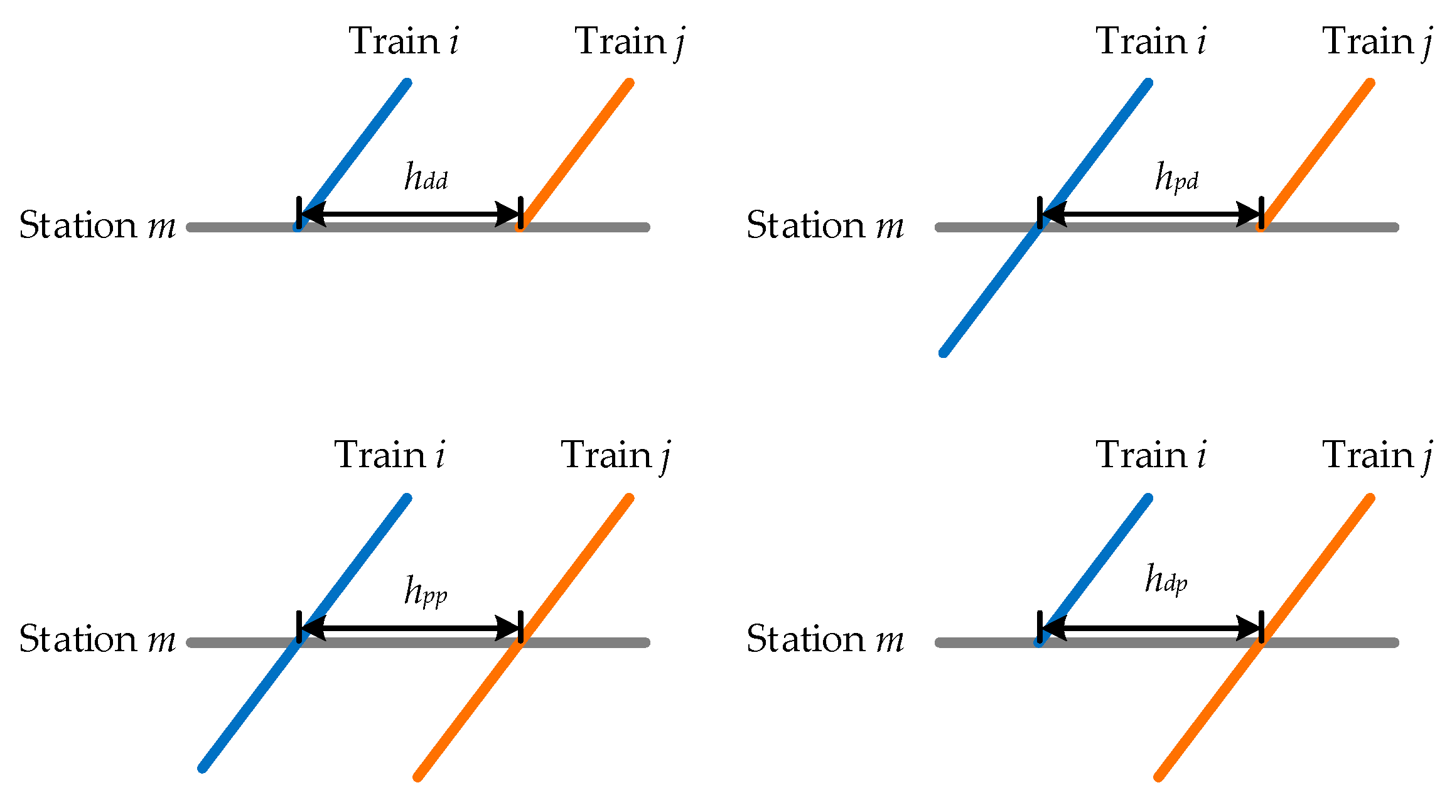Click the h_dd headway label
[x=426, y=177]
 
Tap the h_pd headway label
[x=1176, y=177]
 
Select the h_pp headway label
[x=426, y=592]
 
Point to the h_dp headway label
[x=1166, y=580]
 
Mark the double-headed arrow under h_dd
[x=410, y=214]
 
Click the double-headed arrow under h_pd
[x=1150, y=214]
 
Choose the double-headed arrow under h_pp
[x=410, y=628]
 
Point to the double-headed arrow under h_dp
[x=1150, y=628]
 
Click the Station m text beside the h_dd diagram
[x=97, y=225]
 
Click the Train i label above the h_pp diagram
[x=389, y=455]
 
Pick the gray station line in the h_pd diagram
[x=1331, y=227]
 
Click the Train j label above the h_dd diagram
[x=629, y=42]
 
